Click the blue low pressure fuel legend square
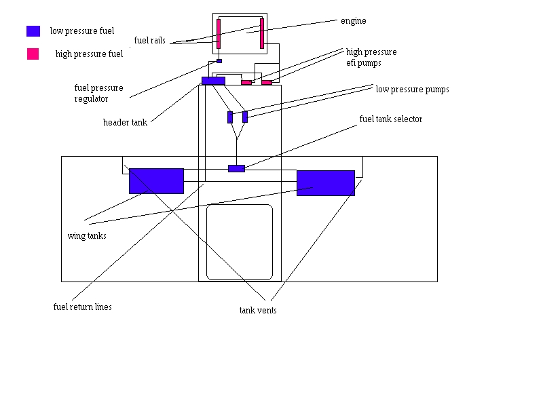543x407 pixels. click(x=33, y=31)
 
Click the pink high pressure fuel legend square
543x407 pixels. click(x=33, y=54)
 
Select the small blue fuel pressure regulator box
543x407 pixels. click(x=219, y=61)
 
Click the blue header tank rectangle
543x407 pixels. click(x=213, y=81)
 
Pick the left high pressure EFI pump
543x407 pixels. click(x=246, y=83)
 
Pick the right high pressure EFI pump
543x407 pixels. click(x=267, y=83)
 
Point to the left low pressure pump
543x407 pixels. click(x=230, y=117)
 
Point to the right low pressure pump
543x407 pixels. click(x=245, y=116)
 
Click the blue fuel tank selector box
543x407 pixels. click(x=236, y=168)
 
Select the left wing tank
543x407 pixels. click(x=156, y=181)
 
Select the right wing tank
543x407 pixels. click(x=325, y=183)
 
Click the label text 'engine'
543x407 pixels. click(x=353, y=21)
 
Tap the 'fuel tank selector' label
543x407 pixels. click(x=390, y=119)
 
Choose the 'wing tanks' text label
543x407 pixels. click(x=87, y=236)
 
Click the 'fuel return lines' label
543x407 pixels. click(x=82, y=307)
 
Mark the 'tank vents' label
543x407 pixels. click(x=257, y=311)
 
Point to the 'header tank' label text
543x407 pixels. click(x=125, y=123)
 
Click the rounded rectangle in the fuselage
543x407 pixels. click(x=240, y=242)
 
